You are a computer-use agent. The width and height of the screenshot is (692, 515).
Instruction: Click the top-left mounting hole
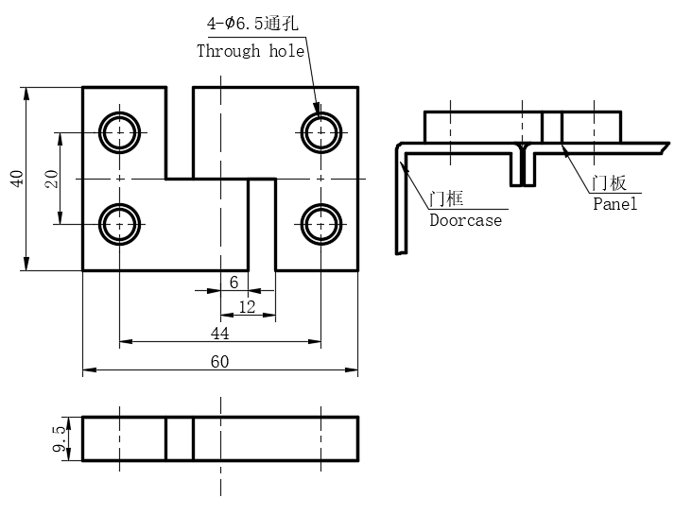tap(120, 132)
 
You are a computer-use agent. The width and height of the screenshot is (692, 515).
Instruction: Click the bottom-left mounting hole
tap(120, 224)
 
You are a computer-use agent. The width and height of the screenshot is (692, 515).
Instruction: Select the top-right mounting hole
tap(321, 132)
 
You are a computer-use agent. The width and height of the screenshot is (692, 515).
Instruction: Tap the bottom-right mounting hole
tap(321, 224)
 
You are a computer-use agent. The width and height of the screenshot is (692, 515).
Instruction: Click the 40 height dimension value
tap(16, 179)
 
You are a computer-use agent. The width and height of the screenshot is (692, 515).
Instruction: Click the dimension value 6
tap(234, 282)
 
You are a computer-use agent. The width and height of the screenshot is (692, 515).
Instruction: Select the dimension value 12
tap(247, 307)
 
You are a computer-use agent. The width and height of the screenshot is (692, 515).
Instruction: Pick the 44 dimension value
tap(219, 334)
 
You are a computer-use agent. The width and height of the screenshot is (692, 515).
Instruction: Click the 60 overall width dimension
tap(219, 362)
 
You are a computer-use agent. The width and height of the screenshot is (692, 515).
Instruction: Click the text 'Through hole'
tap(251, 51)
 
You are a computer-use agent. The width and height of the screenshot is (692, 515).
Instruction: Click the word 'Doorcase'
tap(465, 220)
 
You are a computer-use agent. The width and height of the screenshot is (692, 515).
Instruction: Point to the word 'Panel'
tap(615, 203)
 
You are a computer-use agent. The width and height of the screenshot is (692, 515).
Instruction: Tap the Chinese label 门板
tap(610, 183)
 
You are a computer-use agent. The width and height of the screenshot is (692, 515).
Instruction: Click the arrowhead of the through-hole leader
tap(317, 112)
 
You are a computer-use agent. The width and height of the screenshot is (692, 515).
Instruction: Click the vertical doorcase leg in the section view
tap(402, 203)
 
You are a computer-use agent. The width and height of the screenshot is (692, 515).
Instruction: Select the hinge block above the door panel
tap(522, 127)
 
